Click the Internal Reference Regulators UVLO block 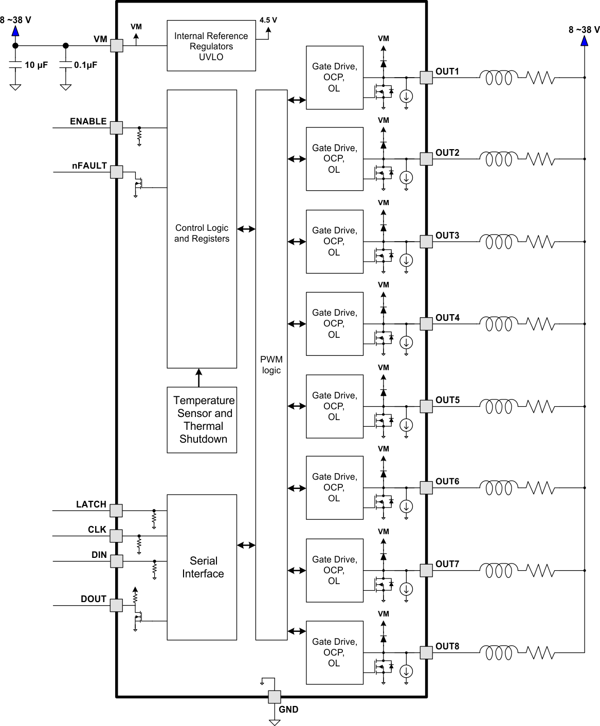pos(211,46)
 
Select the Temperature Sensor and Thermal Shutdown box pos(202,420)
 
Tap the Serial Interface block pos(202,567)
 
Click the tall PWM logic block pos(271,365)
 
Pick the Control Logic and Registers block pos(202,229)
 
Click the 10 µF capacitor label pos(36,65)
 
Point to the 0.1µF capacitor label pos(85,65)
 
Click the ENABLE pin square pos(117,128)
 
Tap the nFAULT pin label pos(89,166)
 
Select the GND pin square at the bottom pos(275,697)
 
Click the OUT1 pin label pos(447,71)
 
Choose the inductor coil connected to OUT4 pos(498,324)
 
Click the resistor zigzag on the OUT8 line pos(540,653)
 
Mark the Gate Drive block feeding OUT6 pos(334,487)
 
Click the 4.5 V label pos(268,20)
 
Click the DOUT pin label pos(94,599)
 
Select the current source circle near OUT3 pos(406,260)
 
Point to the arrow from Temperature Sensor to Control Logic pos(199,377)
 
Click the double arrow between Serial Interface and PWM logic pos(246,545)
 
